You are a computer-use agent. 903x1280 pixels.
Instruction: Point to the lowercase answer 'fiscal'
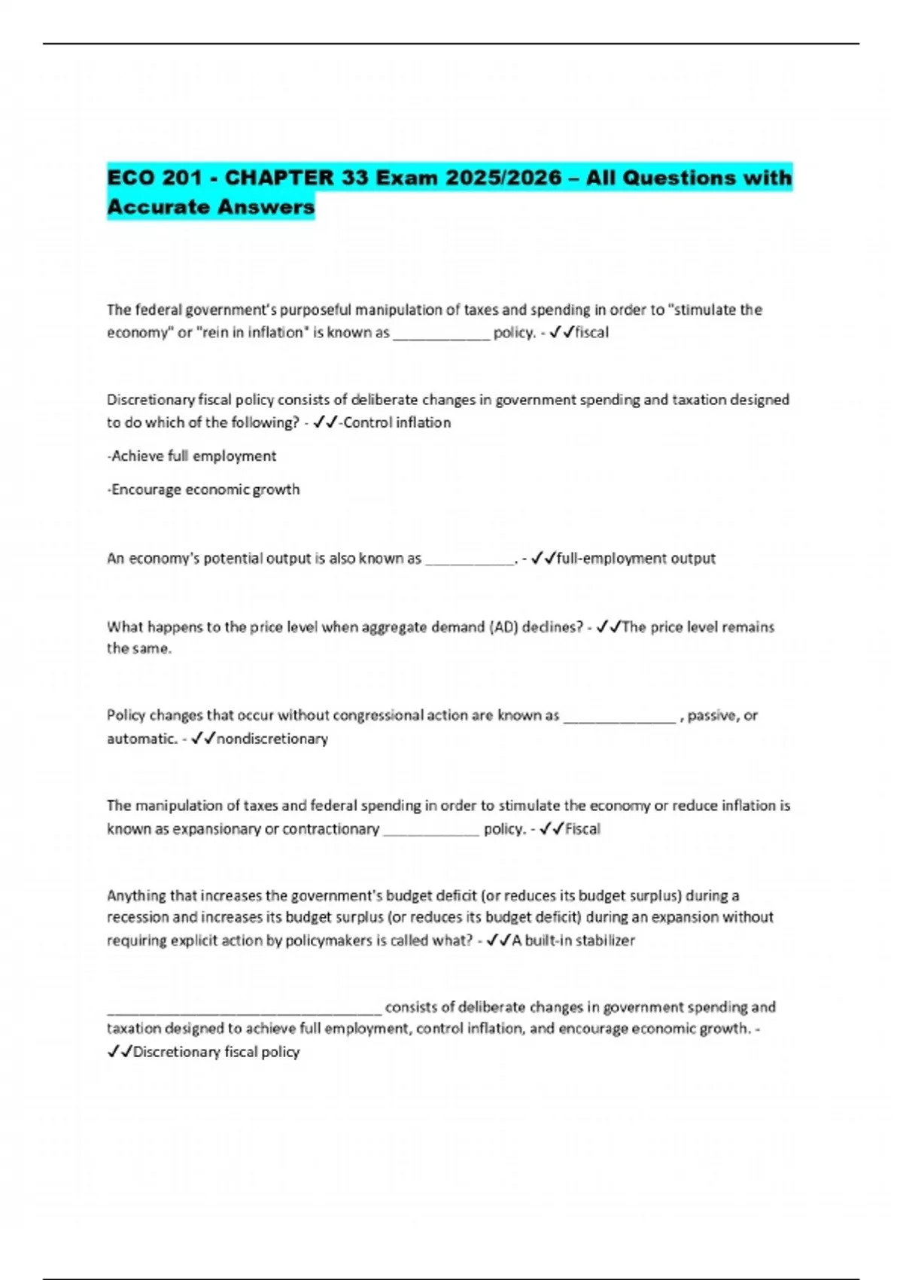pyautogui.click(x=591, y=332)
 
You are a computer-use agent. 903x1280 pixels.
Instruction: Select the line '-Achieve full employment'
pyautogui.click(x=192, y=456)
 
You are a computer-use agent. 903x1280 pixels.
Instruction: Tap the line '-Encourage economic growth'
pyautogui.click(x=203, y=489)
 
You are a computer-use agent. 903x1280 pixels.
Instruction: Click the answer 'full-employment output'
pyautogui.click(x=636, y=558)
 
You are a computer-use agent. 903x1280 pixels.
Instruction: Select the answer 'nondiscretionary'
pyautogui.click(x=272, y=739)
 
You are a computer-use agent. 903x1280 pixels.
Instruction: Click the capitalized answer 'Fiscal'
pyautogui.click(x=582, y=829)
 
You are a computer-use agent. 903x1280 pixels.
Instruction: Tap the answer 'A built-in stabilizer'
pyautogui.click(x=573, y=940)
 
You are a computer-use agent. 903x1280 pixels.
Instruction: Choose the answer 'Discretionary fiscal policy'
pyautogui.click(x=216, y=1052)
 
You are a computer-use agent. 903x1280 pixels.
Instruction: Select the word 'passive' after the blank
pyautogui.click(x=711, y=715)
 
